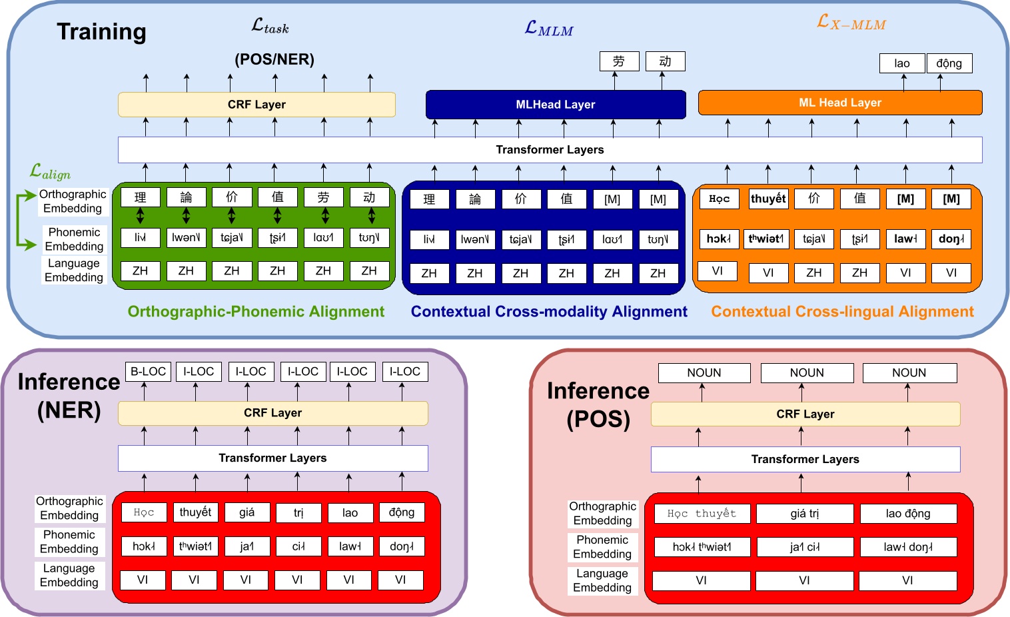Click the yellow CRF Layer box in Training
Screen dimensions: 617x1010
click(256, 105)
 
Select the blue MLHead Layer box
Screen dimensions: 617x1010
click(556, 105)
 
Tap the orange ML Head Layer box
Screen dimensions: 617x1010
click(839, 103)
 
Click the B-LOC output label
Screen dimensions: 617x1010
click(148, 371)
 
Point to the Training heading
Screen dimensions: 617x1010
click(101, 31)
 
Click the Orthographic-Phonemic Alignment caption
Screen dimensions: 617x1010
click(256, 312)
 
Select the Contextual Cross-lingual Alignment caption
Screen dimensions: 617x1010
click(842, 312)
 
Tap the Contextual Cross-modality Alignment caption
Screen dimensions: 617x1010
click(549, 312)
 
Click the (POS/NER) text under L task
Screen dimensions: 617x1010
click(274, 59)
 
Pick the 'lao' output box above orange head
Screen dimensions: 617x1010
click(901, 63)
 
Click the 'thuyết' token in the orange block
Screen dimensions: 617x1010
click(768, 199)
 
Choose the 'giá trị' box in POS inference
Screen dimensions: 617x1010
click(804, 514)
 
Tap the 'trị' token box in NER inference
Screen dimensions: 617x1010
click(298, 512)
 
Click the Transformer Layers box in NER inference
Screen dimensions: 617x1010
click(272, 458)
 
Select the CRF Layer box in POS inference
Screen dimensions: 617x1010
click(805, 414)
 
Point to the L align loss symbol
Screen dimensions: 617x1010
click(50, 172)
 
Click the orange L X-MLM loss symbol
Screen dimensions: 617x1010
click(851, 23)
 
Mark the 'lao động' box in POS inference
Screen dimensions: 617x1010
click(907, 514)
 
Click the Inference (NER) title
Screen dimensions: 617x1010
click(69, 395)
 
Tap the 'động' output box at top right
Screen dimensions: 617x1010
click(949, 63)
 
